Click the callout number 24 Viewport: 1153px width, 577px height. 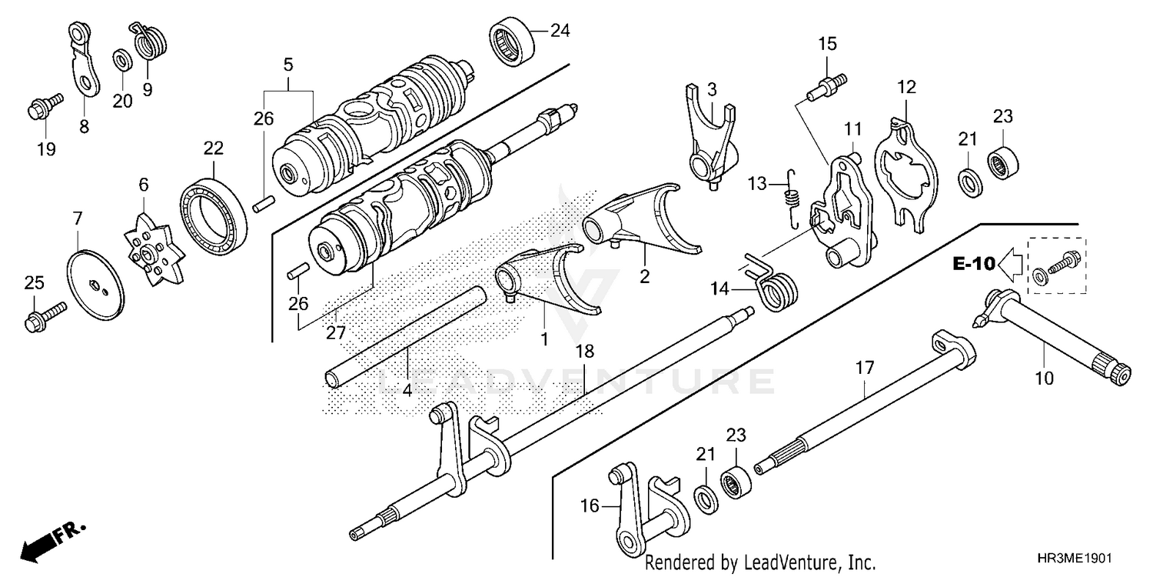pos(560,32)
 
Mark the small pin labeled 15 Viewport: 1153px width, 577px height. pos(827,83)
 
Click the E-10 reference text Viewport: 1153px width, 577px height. pos(974,265)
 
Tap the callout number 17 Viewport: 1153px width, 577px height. pos(865,369)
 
